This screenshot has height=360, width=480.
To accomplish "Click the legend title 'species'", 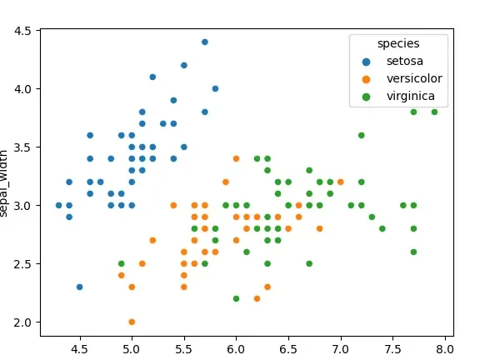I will pos(397,42).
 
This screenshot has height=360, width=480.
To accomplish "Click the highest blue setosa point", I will pos(204,42).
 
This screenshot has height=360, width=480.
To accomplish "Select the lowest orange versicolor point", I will pos(132,322).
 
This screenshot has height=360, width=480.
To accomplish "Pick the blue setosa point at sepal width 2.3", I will pos(79,287).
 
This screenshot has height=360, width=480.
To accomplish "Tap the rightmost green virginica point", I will pos(434,112).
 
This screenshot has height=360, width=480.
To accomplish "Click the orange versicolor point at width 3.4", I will pos(236,158).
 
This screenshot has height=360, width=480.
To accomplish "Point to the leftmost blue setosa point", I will pos(58,205).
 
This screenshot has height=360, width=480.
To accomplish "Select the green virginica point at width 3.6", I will pos(361,135).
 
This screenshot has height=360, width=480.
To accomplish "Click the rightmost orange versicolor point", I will pos(340,182).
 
